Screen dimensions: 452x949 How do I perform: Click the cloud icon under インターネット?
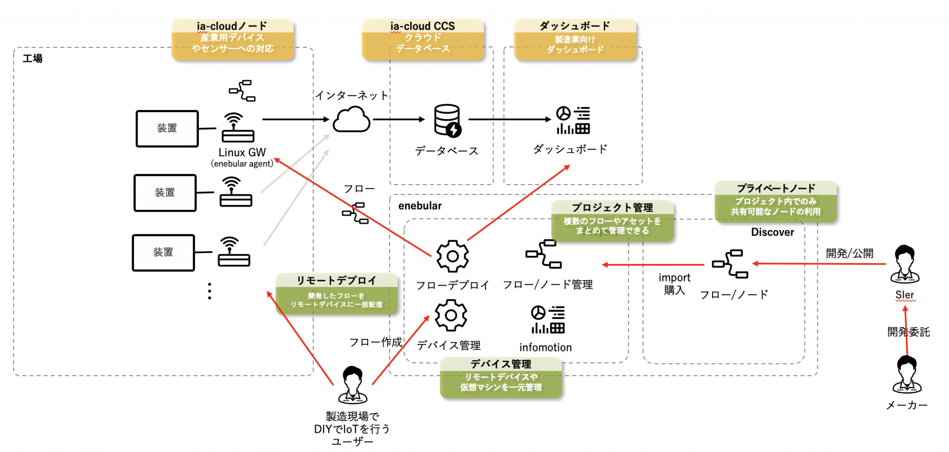point(351,119)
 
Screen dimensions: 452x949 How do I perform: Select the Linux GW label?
point(242,152)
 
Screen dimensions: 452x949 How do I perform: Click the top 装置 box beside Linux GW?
point(167,128)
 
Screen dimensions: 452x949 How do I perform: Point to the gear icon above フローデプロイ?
point(452,256)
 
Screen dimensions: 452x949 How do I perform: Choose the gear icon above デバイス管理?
point(450,315)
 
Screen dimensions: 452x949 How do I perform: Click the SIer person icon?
point(905,264)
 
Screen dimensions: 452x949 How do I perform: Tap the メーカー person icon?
point(907,375)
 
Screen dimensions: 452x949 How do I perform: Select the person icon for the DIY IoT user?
point(353,385)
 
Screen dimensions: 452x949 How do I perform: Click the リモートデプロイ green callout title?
point(336,280)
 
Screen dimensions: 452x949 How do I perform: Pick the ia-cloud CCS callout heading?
point(422,26)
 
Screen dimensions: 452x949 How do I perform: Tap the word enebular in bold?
point(420,206)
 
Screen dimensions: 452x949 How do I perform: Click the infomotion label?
point(545,347)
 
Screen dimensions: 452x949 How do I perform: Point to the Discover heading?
point(772,232)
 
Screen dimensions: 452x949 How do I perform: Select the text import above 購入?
point(674,277)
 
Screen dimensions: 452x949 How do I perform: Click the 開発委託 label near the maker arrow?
point(908,332)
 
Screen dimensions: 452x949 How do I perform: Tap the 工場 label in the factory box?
point(33,58)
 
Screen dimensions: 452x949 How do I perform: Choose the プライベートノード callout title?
point(776,188)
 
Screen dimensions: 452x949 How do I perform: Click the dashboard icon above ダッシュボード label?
point(573,120)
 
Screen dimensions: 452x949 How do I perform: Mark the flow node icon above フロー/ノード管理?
point(544,254)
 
